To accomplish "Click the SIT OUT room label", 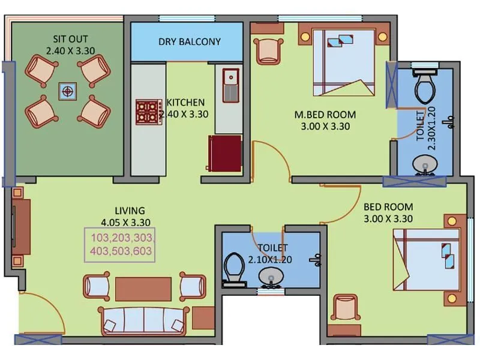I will point(67,46).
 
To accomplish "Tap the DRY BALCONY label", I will point(189,42).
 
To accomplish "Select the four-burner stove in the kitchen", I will point(148,112).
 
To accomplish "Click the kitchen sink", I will point(229,85).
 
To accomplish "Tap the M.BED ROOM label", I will point(325,120).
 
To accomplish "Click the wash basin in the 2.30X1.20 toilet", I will point(426,163).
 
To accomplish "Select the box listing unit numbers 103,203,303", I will point(122,244).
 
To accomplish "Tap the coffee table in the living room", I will point(143,289).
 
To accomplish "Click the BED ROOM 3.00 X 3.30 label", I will point(388,212).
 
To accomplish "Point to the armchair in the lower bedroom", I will point(346,308).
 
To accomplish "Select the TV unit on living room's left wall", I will point(22,227).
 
